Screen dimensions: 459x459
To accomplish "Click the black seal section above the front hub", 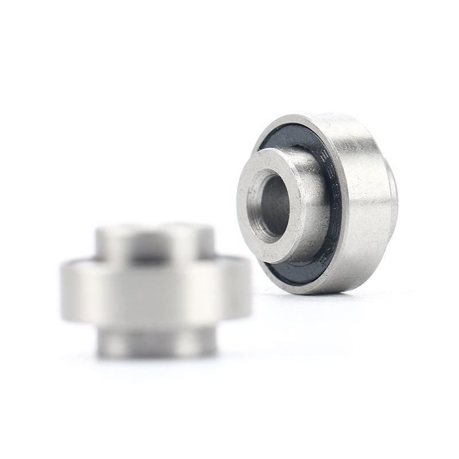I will tap(287, 138).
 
